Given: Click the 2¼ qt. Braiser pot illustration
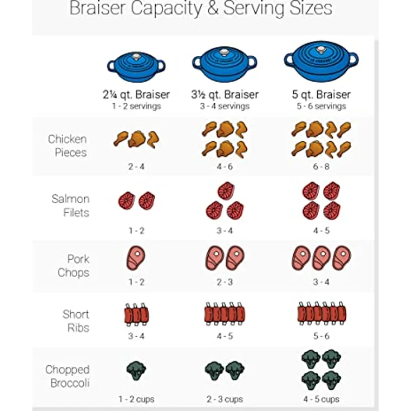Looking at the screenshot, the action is (136, 66).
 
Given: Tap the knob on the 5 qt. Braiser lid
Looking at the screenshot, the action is (321, 49).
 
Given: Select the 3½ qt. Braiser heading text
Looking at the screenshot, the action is (225, 94).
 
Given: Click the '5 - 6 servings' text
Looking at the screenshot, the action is (321, 106).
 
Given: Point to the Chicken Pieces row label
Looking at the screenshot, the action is (68, 146).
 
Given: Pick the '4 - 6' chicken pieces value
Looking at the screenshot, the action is (225, 166).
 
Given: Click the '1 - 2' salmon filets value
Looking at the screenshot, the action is (137, 231).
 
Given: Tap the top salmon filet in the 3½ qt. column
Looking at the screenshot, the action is (226, 190).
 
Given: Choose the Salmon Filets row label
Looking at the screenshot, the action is (70, 205).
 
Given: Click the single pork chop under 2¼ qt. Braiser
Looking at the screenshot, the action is (136, 258).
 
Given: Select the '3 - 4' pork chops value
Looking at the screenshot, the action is (321, 282).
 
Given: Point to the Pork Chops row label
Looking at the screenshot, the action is (74, 266).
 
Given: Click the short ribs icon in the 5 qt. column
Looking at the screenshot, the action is (322, 313).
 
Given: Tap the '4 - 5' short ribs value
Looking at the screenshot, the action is (225, 336).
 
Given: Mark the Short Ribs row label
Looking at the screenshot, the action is (76, 321).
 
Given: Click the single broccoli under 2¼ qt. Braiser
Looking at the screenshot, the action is (136, 371).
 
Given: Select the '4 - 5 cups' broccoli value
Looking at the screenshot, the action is (321, 399).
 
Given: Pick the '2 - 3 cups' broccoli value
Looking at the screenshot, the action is (224, 399).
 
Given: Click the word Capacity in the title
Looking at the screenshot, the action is (167, 8).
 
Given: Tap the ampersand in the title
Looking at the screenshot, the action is (213, 8).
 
